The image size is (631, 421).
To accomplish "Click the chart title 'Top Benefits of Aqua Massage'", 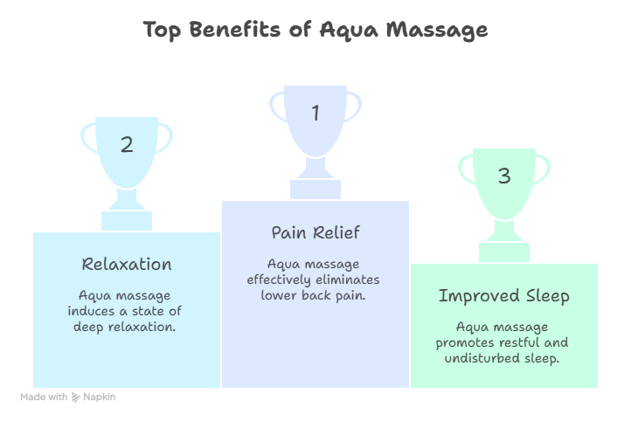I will tap(315, 30).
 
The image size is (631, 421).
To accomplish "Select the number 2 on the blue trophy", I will tap(127, 145).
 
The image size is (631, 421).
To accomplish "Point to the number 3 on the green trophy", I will tap(504, 176).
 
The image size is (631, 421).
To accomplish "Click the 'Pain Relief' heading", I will tap(315, 233).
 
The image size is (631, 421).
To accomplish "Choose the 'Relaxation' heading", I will tap(127, 264).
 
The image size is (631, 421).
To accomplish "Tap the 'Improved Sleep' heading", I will tap(504, 296).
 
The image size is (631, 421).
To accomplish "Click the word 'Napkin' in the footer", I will tap(101, 397).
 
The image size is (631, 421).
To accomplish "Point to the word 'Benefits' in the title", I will tap(232, 30).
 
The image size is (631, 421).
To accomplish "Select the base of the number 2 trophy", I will tap(127, 219).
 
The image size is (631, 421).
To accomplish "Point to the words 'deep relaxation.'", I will tap(127, 327).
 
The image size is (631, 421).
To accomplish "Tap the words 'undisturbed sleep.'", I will tap(504, 359).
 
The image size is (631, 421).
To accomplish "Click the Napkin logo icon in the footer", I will tap(77, 397).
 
